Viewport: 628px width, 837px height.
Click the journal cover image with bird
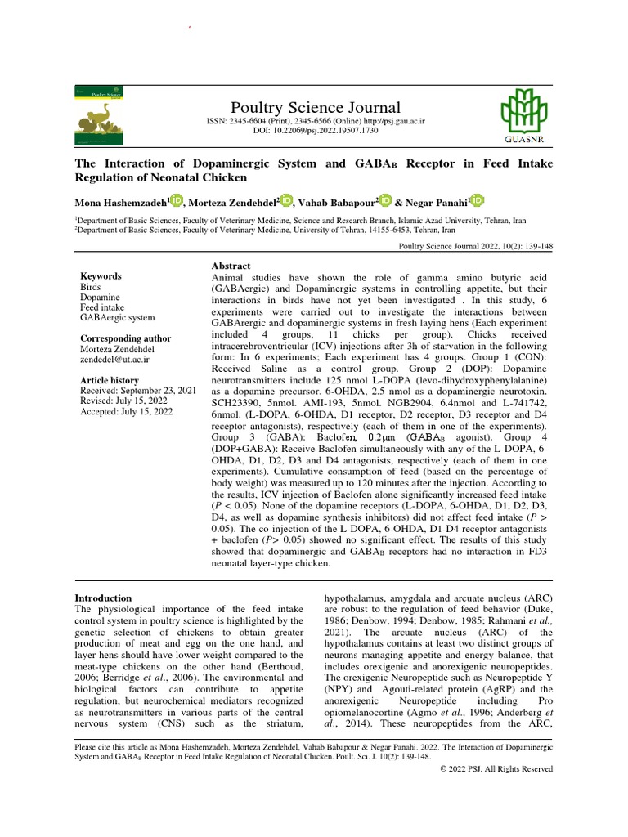click(107, 111)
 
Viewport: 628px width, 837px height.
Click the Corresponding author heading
click(125, 338)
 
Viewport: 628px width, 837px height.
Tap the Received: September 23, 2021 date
click(137, 392)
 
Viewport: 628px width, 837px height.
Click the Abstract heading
click(231, 266)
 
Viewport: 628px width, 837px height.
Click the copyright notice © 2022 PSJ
click(496, 769)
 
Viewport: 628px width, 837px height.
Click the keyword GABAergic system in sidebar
click(117, 318)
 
